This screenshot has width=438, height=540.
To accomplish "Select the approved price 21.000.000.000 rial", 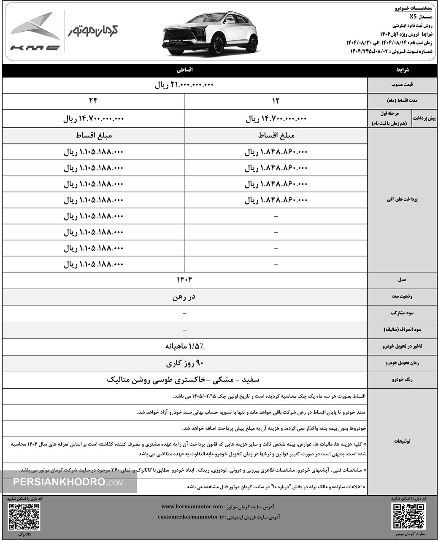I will pyautogui.click(x=185, y=85).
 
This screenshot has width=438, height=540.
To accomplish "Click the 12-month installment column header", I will pyautogui.click(x=276, y=101).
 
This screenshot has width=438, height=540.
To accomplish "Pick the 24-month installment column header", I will pyautogui.click(x=93, y=101).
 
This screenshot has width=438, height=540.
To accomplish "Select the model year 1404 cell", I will pyautogui.click(x=185, y=280).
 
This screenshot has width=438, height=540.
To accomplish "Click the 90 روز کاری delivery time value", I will pyautogui.click(x=185, y=362).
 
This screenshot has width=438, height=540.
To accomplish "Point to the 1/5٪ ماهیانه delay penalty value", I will pyautogui.click(x=185, y=346).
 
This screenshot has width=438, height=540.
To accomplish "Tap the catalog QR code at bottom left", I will pyautogui.click(x=24, y=516).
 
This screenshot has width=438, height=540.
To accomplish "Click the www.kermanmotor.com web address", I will pyautogui.click(x=192, y=506).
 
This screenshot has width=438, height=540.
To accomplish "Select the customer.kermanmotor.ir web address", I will pyautogui.click(x=190, y=517).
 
